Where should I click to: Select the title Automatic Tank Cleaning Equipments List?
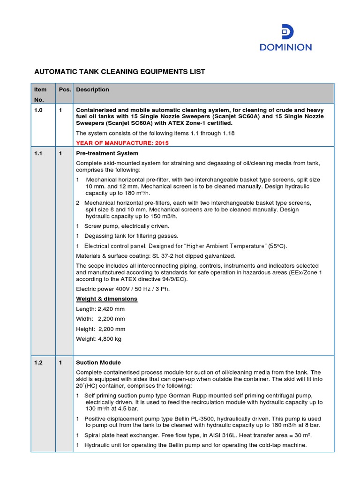coord(120,72)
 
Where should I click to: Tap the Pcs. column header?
coord(64,90)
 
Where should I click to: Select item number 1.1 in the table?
coord(37,153)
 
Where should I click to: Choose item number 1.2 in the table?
coord(37,362)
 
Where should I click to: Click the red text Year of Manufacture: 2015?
coord(122,143)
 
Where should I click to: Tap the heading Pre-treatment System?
coord(107,153)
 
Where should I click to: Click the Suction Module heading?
coord(98,362)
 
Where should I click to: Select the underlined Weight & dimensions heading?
coord(106,299)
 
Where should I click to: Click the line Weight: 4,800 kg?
coord(98,339)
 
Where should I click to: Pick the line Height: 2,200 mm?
coord(100,329)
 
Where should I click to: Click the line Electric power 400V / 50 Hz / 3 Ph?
coord(123,289)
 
